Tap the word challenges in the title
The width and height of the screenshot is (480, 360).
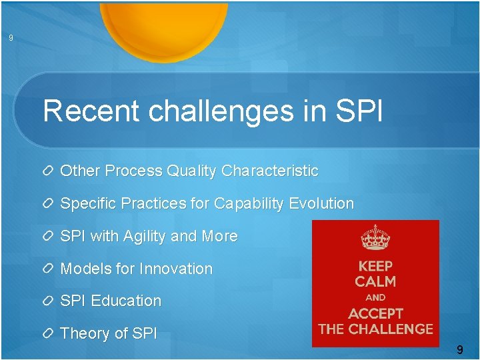221,111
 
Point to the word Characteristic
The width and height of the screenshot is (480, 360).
270,171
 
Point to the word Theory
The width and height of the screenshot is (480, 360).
83,333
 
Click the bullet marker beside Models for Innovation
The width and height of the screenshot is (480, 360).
49,269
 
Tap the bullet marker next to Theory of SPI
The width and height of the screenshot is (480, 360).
49,333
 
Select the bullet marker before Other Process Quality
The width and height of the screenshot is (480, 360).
49,171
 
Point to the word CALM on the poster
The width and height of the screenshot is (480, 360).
375,281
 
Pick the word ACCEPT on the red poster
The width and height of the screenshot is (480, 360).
375,313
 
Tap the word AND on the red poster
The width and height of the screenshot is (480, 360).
375,297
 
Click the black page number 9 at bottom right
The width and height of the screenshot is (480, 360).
459,349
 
